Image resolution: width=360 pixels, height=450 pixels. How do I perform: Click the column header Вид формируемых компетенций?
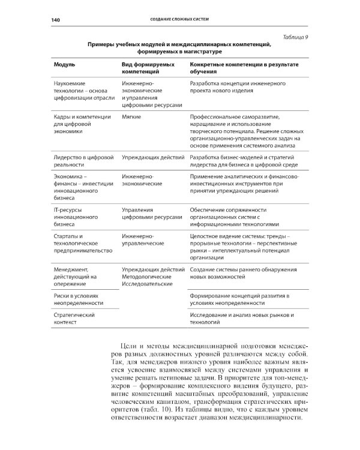148,67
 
